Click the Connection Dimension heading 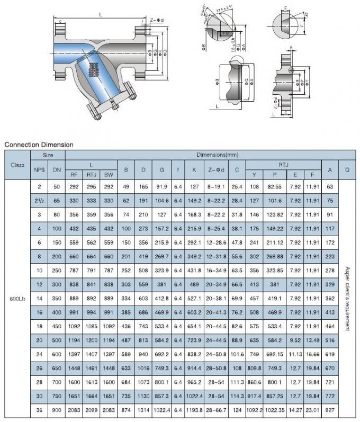[39, 144]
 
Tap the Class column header [17, 165]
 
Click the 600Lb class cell [17, 298]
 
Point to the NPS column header [40, 170]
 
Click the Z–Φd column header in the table [217, 170]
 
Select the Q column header [347, 170]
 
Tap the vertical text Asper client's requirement [347, 298]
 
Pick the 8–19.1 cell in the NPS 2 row [217, 187]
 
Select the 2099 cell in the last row [92, 410]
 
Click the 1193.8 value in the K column [195, 410]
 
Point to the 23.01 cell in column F [313, 410]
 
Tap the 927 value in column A [330, 410]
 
